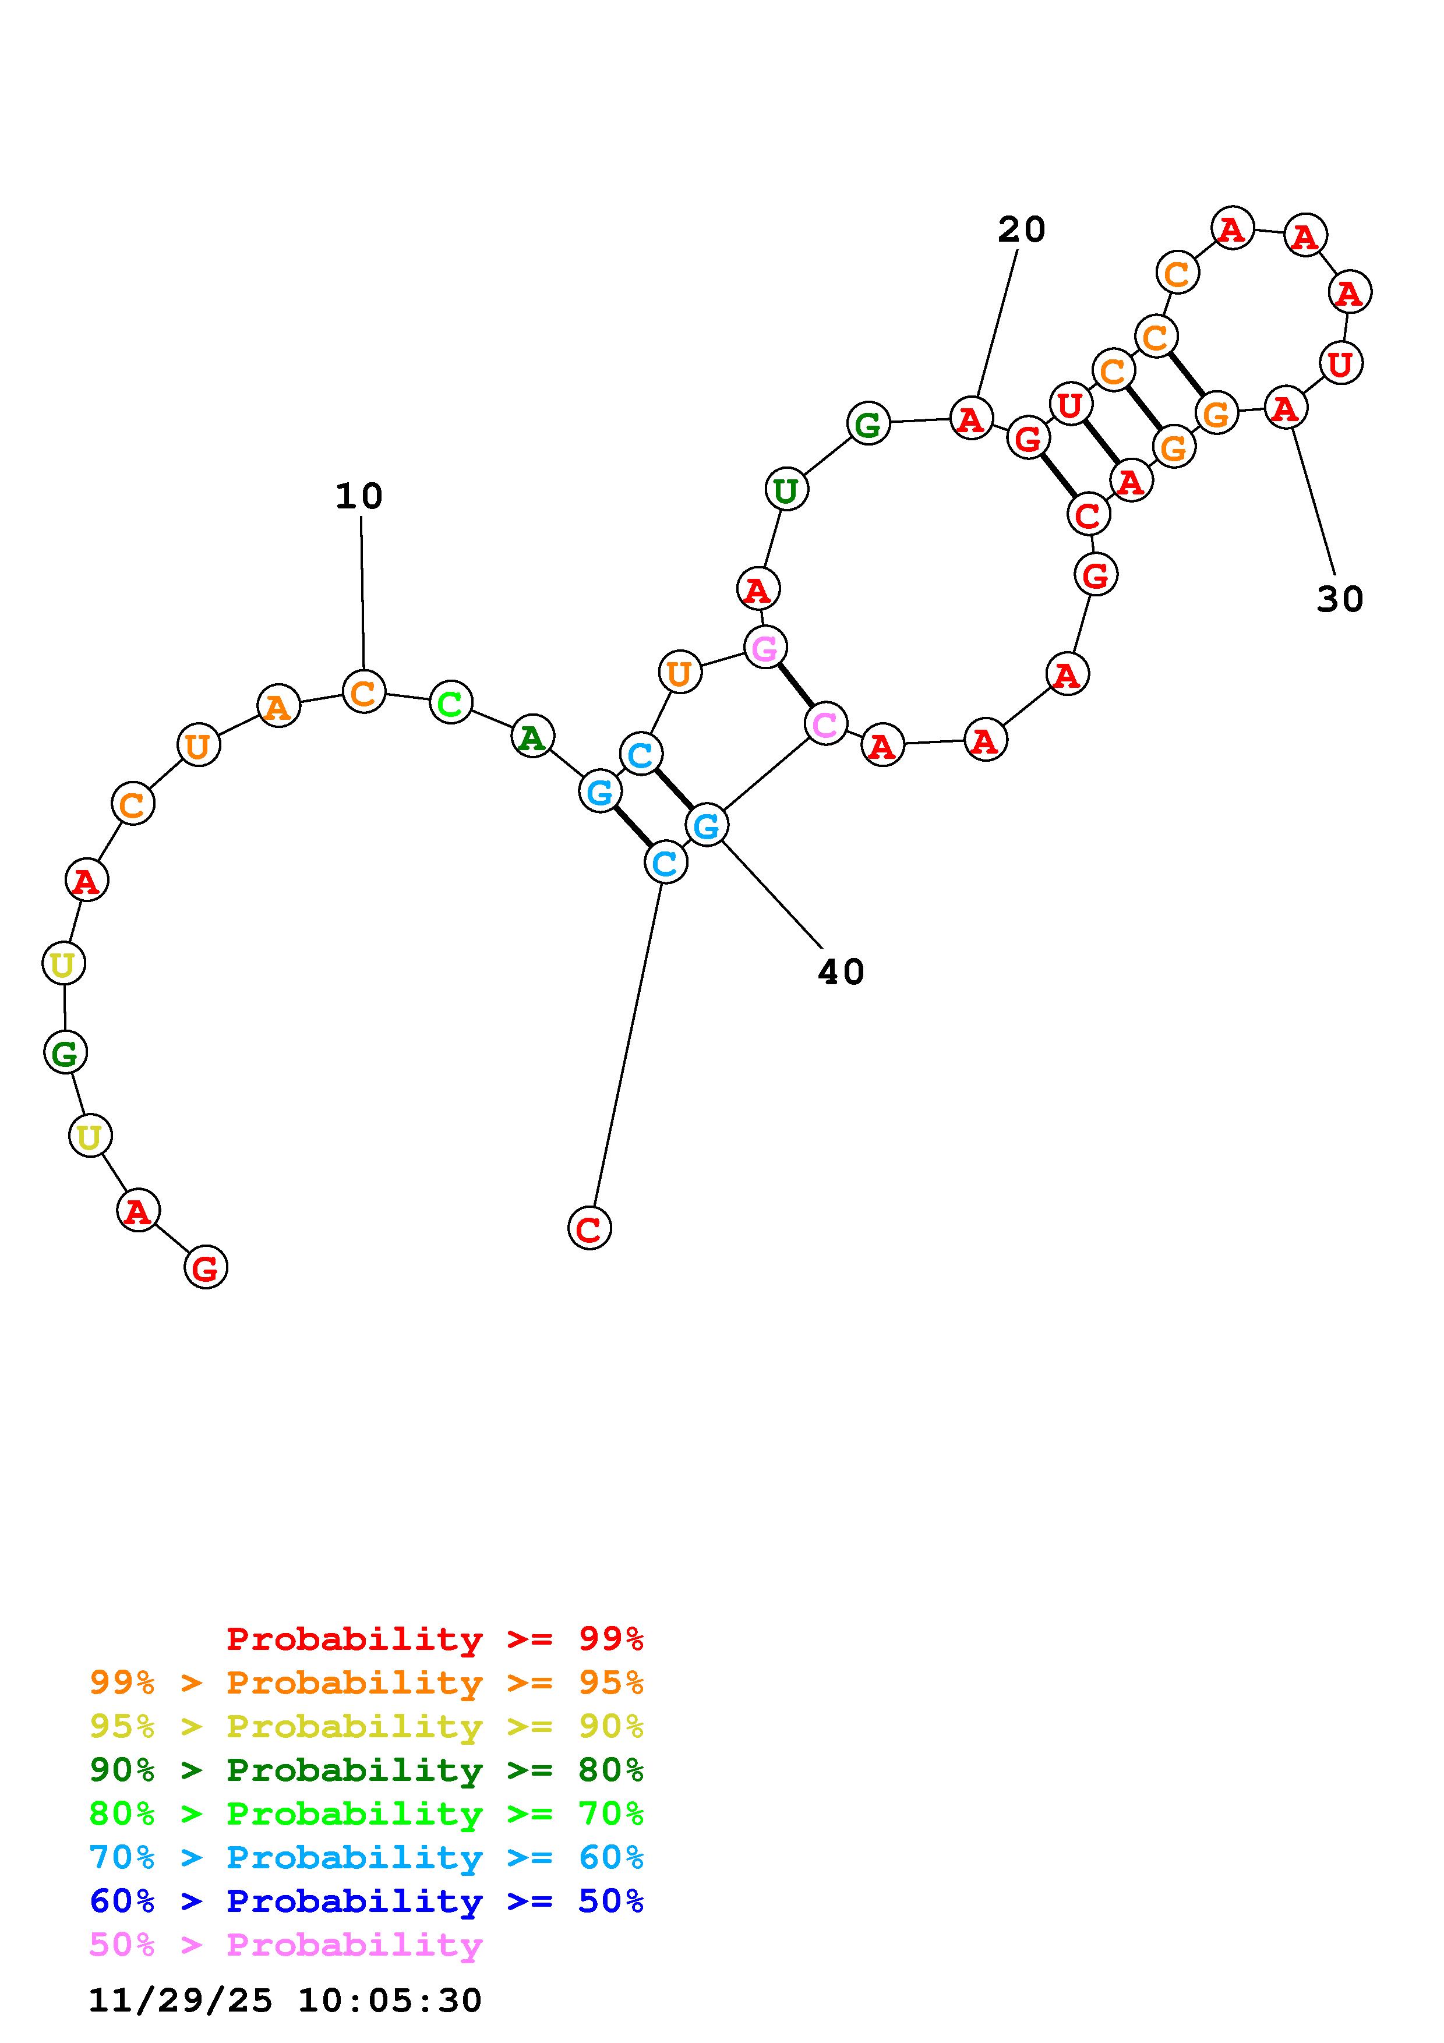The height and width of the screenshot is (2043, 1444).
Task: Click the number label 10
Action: pyautogui.click(x=359, y=497)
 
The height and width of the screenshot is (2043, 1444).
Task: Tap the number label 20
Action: pyautogui.click(x=1021, y=229)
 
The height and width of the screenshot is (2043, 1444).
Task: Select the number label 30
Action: pyautogui.click(x=1339, y=600)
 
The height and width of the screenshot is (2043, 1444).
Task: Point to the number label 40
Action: pyautogui.click(x=841, y=973)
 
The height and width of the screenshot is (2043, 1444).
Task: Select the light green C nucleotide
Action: pyautogui.click(x=450, y=703)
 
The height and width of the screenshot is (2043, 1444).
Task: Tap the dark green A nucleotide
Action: pyautogui.click(x=532, y=737)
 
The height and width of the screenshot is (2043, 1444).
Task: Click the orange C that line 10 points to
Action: pyautogui.click(x=363, y=692)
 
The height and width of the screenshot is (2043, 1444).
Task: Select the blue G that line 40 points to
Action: pyautogui.click(x=707, y=826)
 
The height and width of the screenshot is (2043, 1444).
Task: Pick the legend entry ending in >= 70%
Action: pyautogui.click(x=366, y=1814)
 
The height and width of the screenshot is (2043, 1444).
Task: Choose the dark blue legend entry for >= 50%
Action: pyautogui.click(x=366, y=1901)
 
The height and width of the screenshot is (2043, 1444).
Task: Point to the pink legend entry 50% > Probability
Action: pyautogui.click(x=285, y=1944)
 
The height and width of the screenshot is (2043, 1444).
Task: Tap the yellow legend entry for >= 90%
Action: pyautogui.click(x=366, y=1726)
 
